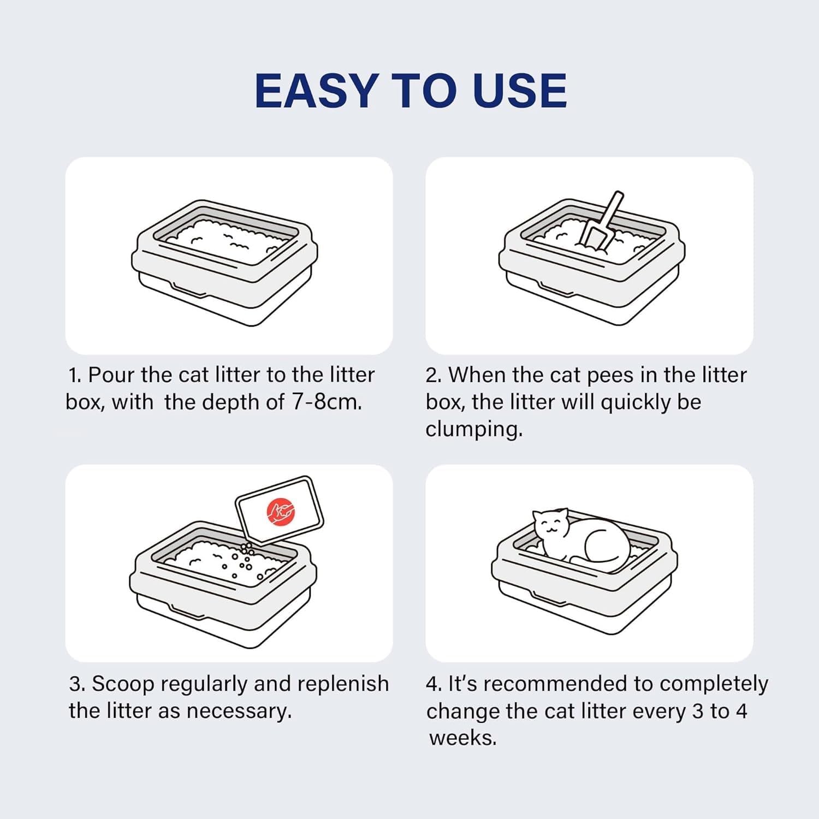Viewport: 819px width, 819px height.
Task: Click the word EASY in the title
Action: (317, 90)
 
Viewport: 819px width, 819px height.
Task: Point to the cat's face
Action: (550, 526)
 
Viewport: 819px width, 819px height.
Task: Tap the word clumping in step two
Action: (474, 429)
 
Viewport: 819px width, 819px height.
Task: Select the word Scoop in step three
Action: (123, 684)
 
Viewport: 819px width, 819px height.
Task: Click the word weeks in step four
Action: (462, 738)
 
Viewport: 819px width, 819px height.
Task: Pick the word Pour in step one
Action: (111, 375)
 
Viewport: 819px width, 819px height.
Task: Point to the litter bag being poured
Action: (279, 510)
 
